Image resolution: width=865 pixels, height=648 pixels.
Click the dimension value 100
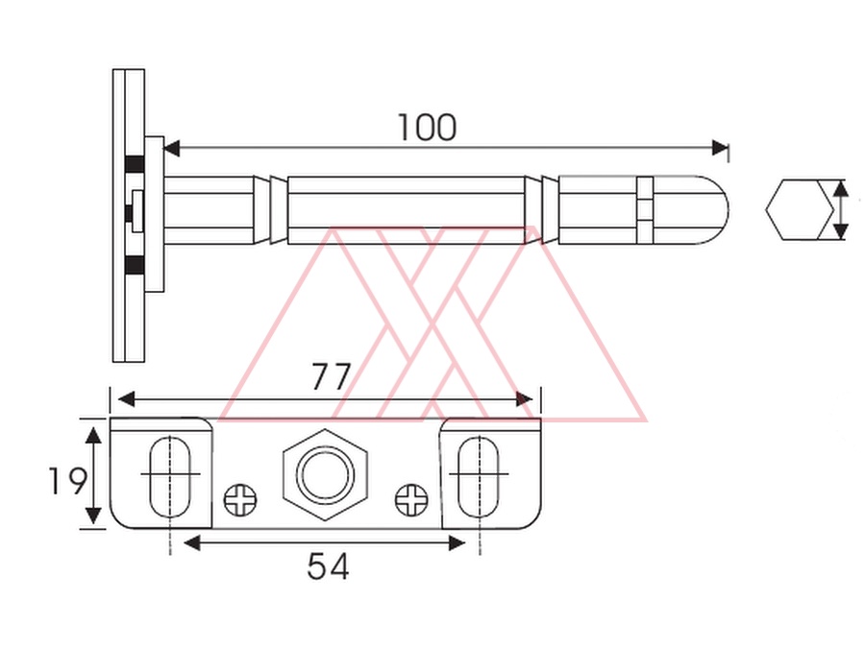(427, 128)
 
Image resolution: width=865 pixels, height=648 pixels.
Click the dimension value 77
(331, 376)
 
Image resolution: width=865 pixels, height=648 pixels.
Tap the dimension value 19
(67, 481)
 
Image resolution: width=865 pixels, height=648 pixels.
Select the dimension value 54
(328, 565)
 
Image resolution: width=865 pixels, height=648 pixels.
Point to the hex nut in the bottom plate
(325, 474)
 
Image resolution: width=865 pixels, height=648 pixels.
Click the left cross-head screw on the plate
(240, 500)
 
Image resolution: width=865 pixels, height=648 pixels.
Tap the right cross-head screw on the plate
(411, 500)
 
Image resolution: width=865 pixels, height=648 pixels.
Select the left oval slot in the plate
(170, 477)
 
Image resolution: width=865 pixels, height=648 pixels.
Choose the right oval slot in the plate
(479, 477)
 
